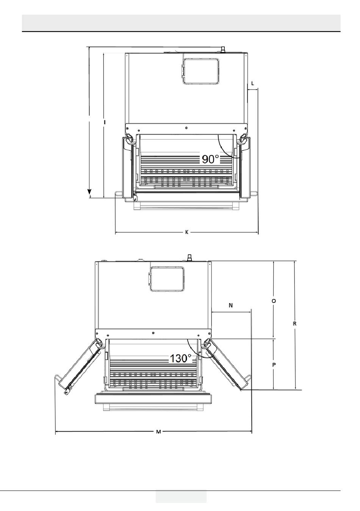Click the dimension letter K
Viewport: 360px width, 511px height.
[186, 232]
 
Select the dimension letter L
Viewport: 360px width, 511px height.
[253, 83]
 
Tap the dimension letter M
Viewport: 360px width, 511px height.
[158, 432]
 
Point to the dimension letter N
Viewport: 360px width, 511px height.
[231, 305]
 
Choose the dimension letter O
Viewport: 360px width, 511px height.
[274, 301]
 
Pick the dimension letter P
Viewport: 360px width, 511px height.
[274, 365]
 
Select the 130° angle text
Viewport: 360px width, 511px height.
[181, 358]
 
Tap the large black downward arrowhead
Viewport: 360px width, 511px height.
[89, 193]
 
